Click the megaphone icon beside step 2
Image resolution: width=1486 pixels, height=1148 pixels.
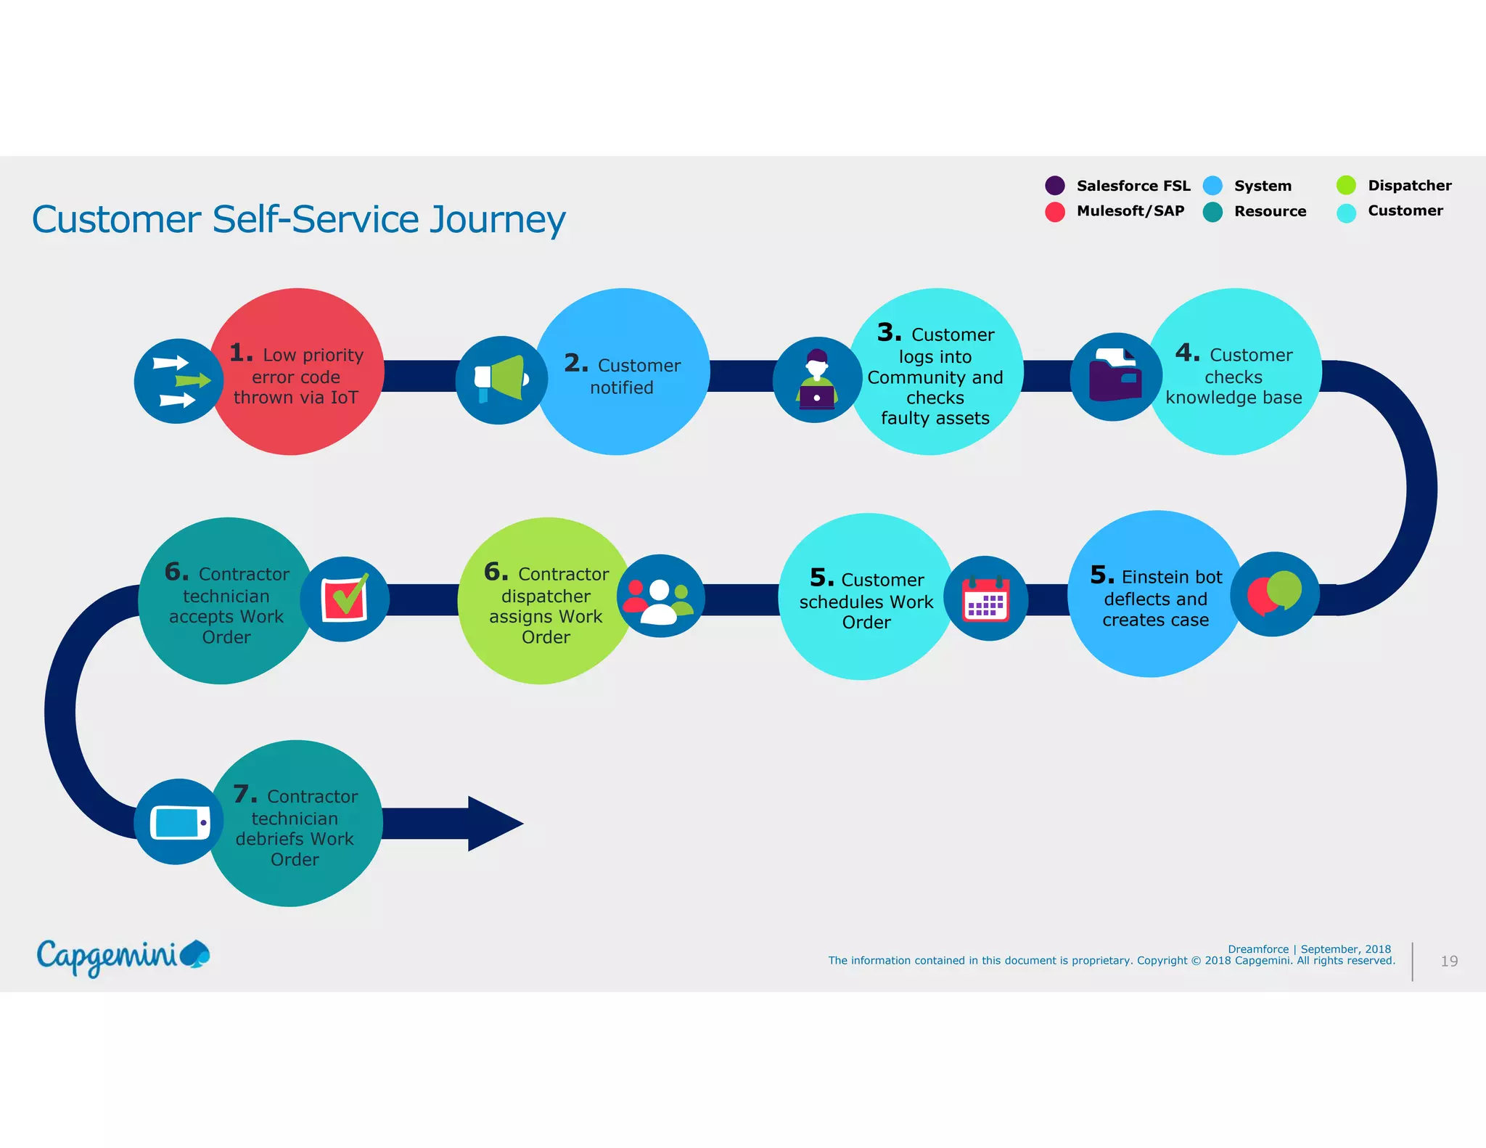point(501,380)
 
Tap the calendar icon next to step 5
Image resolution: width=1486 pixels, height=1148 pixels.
point(985,599)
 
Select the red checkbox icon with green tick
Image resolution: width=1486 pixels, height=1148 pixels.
point(345,599)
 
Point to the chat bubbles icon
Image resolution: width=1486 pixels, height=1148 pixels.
point(1274,594)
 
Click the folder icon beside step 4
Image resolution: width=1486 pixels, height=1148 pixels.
point(1115,377)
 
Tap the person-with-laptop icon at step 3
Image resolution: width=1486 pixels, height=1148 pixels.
point(817,380)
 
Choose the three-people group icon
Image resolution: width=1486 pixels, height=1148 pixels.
point(660,596)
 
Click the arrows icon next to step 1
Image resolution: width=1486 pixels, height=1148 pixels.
point(178,381)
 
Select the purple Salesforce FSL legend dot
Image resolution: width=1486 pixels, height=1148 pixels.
point(1054,186)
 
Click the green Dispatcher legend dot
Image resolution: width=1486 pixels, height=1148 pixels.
point(1346,185)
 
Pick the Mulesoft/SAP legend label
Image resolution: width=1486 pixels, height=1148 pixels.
point(1130,211)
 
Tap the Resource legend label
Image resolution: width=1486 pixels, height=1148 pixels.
point(1270,212)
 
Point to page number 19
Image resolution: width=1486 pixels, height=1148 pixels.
point(1449,961)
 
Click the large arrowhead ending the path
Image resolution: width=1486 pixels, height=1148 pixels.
point(494,824)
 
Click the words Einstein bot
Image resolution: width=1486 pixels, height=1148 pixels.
point(1171,578)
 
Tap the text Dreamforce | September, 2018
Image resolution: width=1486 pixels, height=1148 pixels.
point(1309,949)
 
